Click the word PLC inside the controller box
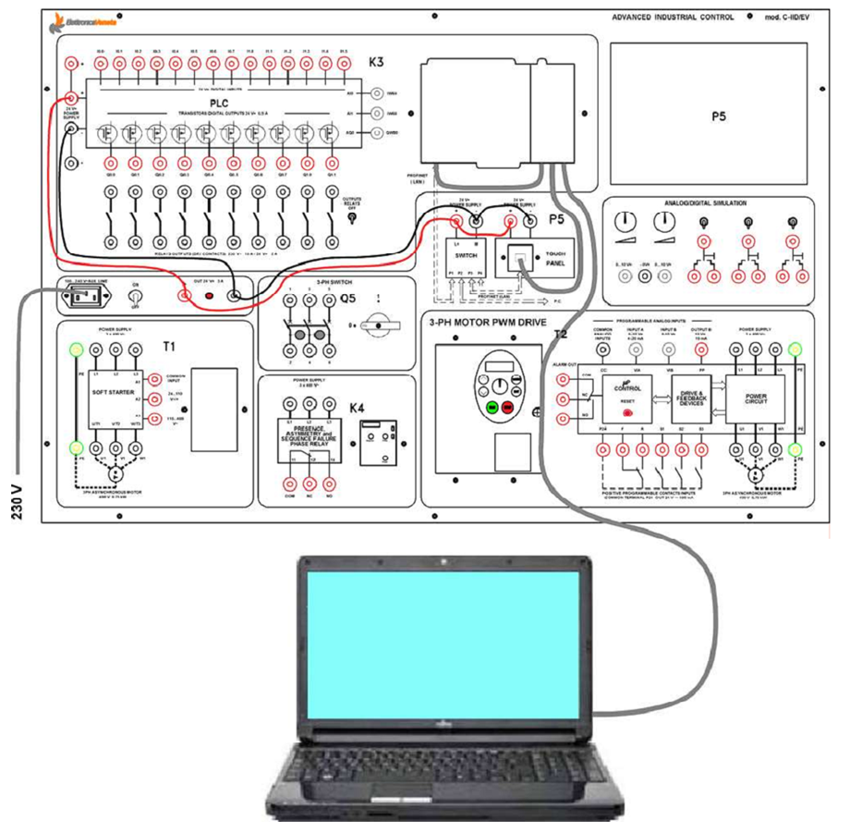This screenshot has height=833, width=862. coord(219,102)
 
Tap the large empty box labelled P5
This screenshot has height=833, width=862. coord(719,116)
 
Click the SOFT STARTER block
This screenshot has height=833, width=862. coord(114,392)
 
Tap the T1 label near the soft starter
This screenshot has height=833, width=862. coord(168,347)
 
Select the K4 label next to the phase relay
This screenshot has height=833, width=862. coord(357,408)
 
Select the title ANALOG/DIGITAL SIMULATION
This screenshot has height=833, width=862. coord(707,202)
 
